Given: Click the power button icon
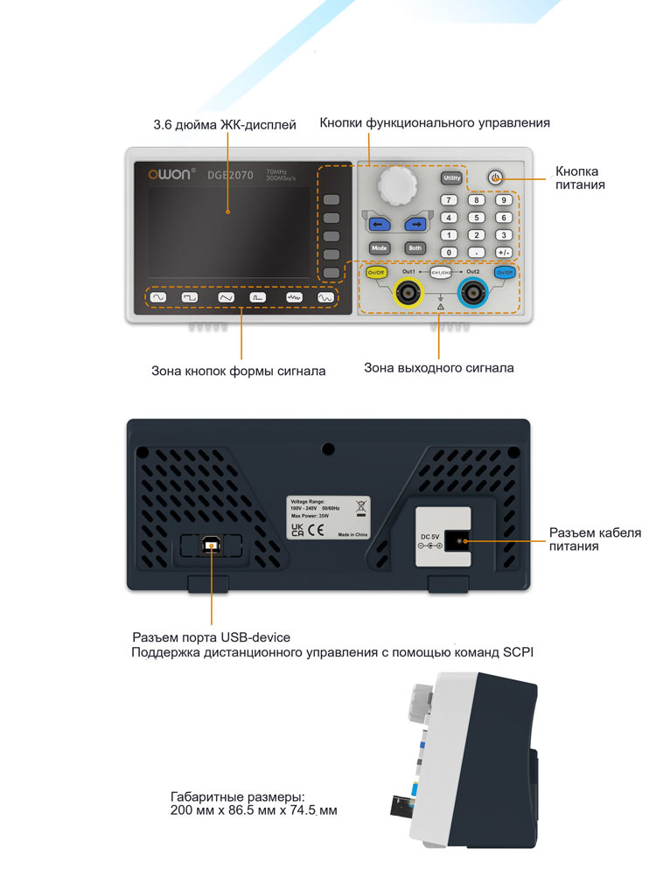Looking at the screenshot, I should [x=495, y=177].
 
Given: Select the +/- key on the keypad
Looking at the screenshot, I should [x=503, y=252].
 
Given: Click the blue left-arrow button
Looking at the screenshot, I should [x=379, y=225].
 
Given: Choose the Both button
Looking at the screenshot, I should [x=415, y=248].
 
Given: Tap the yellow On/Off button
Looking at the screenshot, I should [x=376, y=273].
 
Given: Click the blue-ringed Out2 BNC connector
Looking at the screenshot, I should [x=472, y=293].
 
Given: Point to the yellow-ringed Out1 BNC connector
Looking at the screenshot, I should [x=408, y=294].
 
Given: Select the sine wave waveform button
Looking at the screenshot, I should [x=158, y=298].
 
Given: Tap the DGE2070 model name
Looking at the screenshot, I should [x=230, y=176].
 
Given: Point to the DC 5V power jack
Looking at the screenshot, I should [x=457, y=542].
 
